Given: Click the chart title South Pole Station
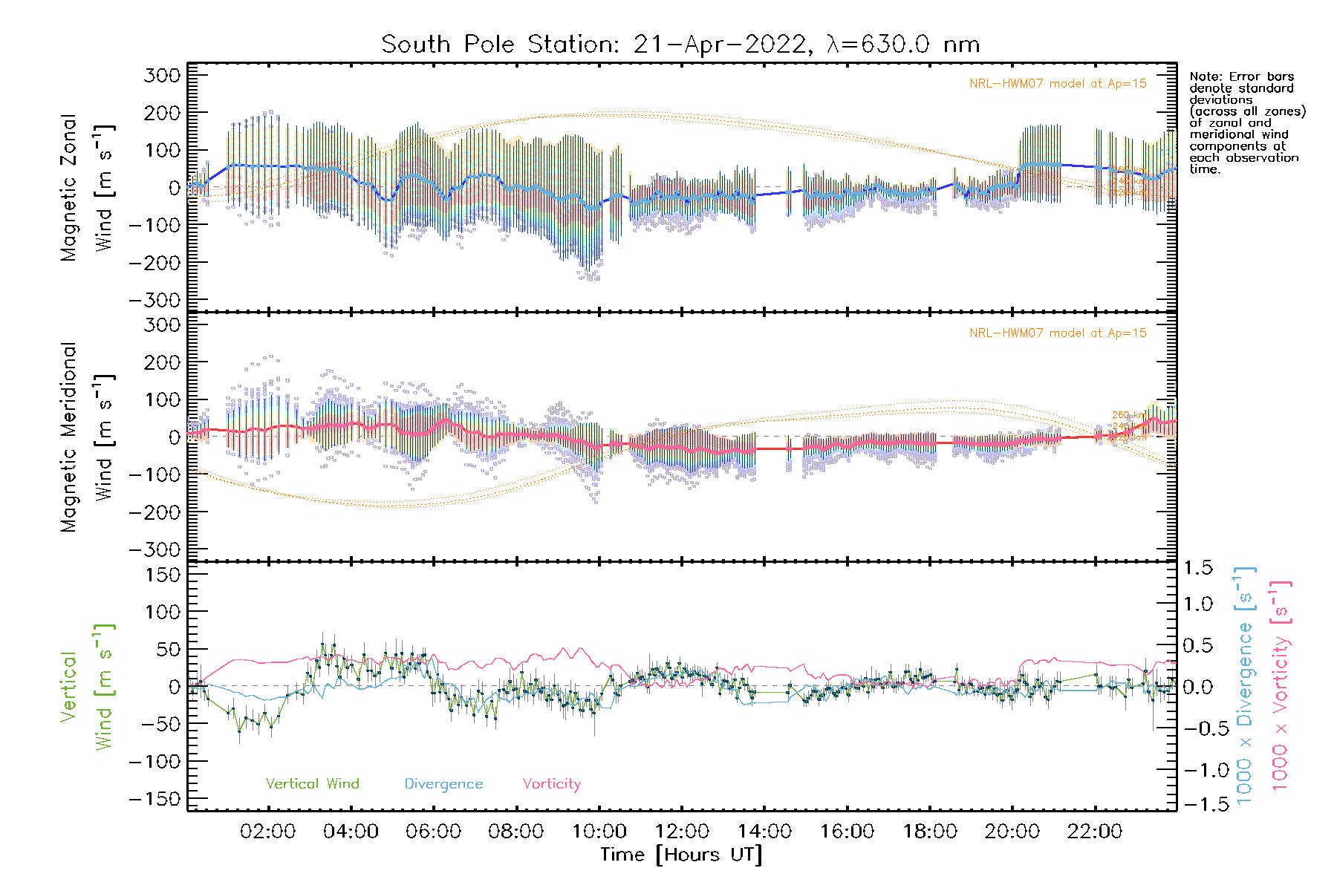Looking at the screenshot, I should [680, 45].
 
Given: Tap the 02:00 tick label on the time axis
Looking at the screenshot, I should [267, 832].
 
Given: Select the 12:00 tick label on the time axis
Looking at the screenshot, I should [682, 832].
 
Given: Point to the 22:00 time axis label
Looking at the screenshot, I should [1095, 832].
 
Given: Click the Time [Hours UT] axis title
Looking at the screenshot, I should [680, 855].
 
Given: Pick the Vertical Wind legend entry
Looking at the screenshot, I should [312, 783].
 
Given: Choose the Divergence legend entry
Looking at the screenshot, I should [443, 784].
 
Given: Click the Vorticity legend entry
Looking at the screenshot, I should [551, 783].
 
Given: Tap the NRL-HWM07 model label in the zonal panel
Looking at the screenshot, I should [1058, 84].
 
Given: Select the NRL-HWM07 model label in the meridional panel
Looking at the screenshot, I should [1058, 333].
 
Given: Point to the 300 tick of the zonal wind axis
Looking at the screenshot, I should [163, 76].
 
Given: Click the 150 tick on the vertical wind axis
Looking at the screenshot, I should [163, 575].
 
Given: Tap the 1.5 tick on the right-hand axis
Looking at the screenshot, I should [1197, 568].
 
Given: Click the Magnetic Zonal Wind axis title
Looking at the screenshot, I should [87, 188].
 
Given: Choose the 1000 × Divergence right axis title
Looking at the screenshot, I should [1244, 685].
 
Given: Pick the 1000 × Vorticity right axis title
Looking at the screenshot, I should [1280, 685].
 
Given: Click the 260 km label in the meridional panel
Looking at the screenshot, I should [1128, 416].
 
